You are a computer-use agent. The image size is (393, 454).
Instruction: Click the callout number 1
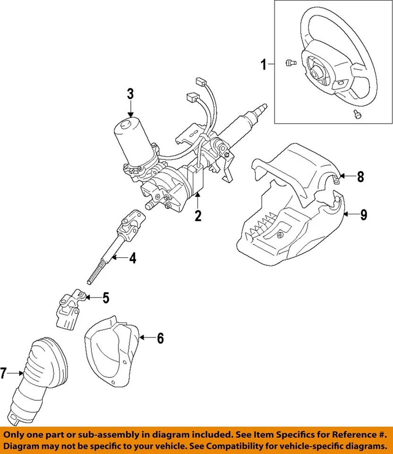tap(264, 64)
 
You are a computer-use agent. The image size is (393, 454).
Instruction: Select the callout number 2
tap(198, 216)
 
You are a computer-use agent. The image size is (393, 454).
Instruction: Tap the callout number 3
tap(130, 94)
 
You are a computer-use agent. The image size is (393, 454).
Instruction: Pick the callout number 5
tap(106, 298)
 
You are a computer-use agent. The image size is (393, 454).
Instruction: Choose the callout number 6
tap(160, 338)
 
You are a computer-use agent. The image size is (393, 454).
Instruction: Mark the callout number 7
tap(4, 374)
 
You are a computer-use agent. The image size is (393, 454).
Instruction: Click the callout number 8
tap(360, 177)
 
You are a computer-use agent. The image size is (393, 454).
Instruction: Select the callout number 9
tap(363, 215)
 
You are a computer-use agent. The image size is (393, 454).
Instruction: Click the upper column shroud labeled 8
tap(302, 166)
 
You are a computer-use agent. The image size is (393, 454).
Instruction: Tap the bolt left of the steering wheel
tap(290, 63)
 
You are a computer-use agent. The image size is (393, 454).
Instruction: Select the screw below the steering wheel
tap(358, 113)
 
